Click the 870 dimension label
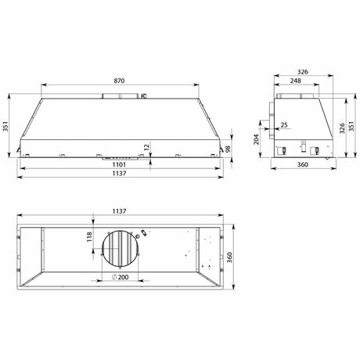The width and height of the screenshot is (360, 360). (x=119, y=81)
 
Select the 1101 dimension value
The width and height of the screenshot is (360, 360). (x=119, y=164)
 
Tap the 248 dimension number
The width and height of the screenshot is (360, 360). (x=296, y=81)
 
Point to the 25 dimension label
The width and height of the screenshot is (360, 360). (x=284, y=125)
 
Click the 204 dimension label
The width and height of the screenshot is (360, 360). (x=257, y=139)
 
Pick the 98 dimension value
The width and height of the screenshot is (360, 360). (x=228, y=149)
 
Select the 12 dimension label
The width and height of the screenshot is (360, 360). (x=146, y=147)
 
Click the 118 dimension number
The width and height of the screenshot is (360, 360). (x=89, y=237)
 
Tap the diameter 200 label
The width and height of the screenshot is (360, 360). (x=121, y=277)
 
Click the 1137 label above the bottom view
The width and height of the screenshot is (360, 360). (x=119, y=211)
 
